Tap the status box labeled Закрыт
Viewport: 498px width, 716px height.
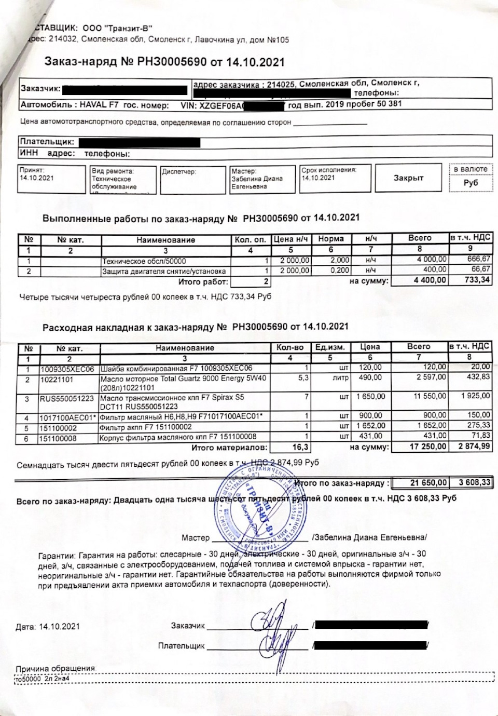408,178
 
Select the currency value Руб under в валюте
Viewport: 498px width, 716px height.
471,183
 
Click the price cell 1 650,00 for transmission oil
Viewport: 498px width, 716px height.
370,397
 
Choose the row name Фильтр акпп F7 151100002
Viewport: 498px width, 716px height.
146,427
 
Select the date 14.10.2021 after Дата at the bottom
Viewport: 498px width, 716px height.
60,627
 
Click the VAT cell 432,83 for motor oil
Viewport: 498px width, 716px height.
478,377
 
